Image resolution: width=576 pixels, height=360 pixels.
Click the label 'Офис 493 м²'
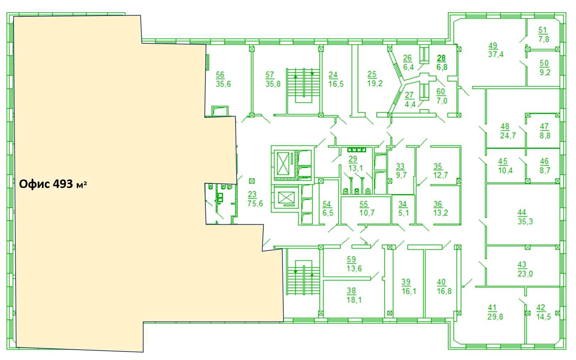point(53,184)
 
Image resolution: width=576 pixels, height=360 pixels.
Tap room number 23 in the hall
point(252,194)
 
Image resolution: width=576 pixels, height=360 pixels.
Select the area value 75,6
point(255,204)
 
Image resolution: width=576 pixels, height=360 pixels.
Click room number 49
point(493,45)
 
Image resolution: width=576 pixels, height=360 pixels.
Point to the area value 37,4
point(496,54)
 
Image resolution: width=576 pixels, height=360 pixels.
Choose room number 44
point(522,213)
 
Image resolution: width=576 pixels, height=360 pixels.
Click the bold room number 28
point(441,58)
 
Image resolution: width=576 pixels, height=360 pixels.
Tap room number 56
point(220,75)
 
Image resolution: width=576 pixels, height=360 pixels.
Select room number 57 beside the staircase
point(270,75)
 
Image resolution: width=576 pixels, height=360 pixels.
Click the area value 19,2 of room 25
point(375,83)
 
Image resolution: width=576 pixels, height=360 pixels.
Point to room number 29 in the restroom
point(353,159)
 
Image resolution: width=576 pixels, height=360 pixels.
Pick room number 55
point(364,204)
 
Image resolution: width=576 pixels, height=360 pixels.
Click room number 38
point(351,291)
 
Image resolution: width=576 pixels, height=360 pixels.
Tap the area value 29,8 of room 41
point(495,317)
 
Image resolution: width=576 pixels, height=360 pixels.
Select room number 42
point(540,307)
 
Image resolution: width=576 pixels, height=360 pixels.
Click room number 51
point(543,30)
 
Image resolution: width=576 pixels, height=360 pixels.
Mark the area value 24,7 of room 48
point(508,135)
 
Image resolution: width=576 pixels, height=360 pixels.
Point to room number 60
point(441,92)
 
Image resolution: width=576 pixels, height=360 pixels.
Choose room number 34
point(403,204)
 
